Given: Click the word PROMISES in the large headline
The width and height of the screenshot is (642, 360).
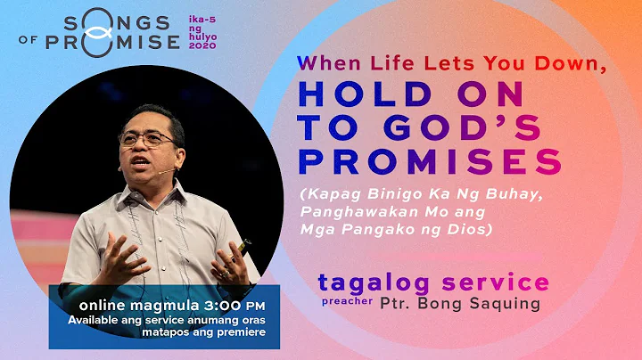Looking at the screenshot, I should [x=429, y=161].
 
